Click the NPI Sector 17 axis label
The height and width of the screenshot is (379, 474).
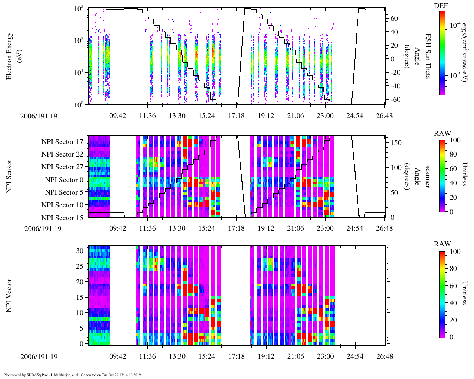(62, 142)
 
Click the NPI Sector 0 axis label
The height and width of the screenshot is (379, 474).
(64, 180)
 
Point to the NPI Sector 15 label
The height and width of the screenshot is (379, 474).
(62, 218)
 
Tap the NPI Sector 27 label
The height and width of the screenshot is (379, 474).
(62, 167)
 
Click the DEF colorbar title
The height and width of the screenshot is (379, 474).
(441, 6)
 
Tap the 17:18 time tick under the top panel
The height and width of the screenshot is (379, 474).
(236, 116)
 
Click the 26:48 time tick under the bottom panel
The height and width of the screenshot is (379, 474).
(384, 356)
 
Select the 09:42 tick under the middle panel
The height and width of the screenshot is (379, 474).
(118, 228)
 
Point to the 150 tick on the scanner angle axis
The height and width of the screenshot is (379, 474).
(397, 143)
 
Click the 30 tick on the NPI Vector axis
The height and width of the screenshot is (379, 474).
(80, 251)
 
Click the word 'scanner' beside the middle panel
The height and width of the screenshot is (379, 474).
(428, 176)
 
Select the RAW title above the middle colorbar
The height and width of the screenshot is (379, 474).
(443, 134)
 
